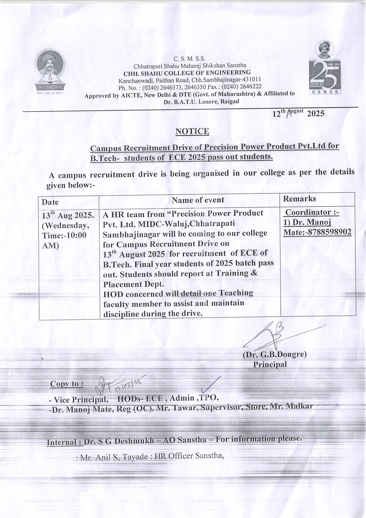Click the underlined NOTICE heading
click(192, 131)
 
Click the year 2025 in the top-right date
click(316, 114)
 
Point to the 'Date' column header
click(50, 202)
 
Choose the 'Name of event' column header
click(198, 200)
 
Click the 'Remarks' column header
click(299, 198)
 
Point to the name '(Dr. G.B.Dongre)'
click(274, 354)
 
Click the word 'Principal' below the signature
click(270, 364)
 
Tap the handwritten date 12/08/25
click(131, 385)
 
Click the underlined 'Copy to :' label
click(67, 384)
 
